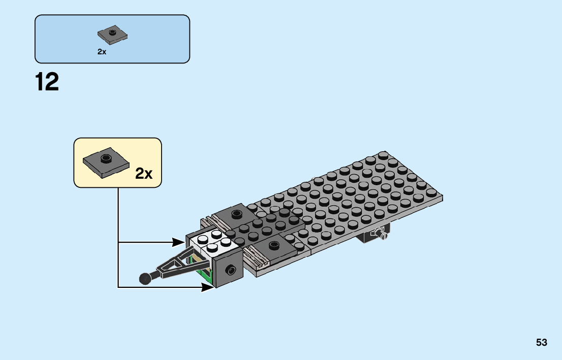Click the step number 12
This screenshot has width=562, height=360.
click(47, 82)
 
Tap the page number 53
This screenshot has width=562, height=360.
click(541, 343)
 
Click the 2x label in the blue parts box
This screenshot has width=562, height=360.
click(102, 52)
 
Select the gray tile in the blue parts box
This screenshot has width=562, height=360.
click(112, 35)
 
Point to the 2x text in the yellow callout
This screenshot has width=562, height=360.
click(144, 174)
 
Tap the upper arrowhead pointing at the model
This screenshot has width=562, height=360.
click(180, 243)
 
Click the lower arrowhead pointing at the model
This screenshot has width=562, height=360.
click(207, 287)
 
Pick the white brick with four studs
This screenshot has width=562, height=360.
click(213, 243)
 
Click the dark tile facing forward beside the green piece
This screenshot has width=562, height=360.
click(229, 270)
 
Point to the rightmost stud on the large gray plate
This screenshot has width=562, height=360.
click(432, 192)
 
